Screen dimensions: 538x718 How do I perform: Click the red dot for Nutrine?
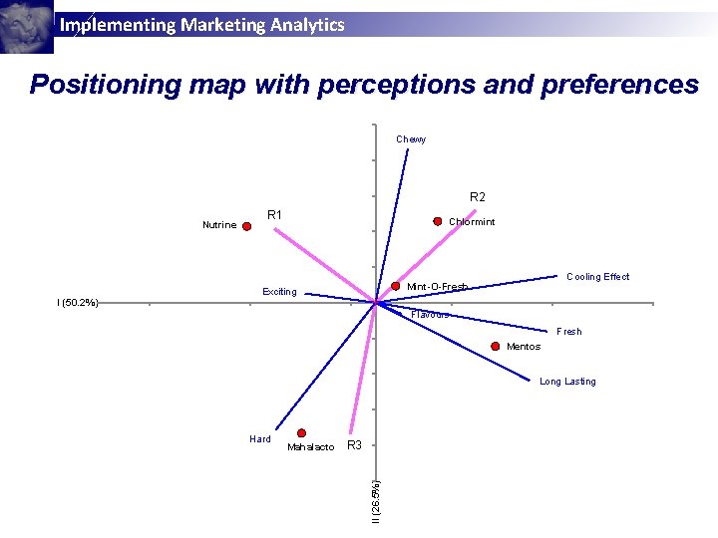[247, 226]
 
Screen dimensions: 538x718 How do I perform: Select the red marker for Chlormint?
[437, 221]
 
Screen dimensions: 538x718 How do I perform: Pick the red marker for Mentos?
[496, 346]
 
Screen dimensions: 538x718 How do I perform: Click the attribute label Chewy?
[411, 139]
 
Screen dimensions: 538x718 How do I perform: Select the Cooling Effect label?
[597, 277]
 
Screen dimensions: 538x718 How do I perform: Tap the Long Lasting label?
[567, 382]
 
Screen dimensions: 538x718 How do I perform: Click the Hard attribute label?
[260, 438]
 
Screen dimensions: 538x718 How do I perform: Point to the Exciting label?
[279, 292]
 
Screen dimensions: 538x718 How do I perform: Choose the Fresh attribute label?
[568, 332]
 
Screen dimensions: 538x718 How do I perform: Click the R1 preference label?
[275, 214]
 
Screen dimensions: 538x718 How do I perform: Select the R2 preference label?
[478, 197]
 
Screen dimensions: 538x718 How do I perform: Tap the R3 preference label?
[354, 444]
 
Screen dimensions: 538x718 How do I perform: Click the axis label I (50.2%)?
[78, 302]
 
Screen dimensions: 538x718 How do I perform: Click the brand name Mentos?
[524, 347]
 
